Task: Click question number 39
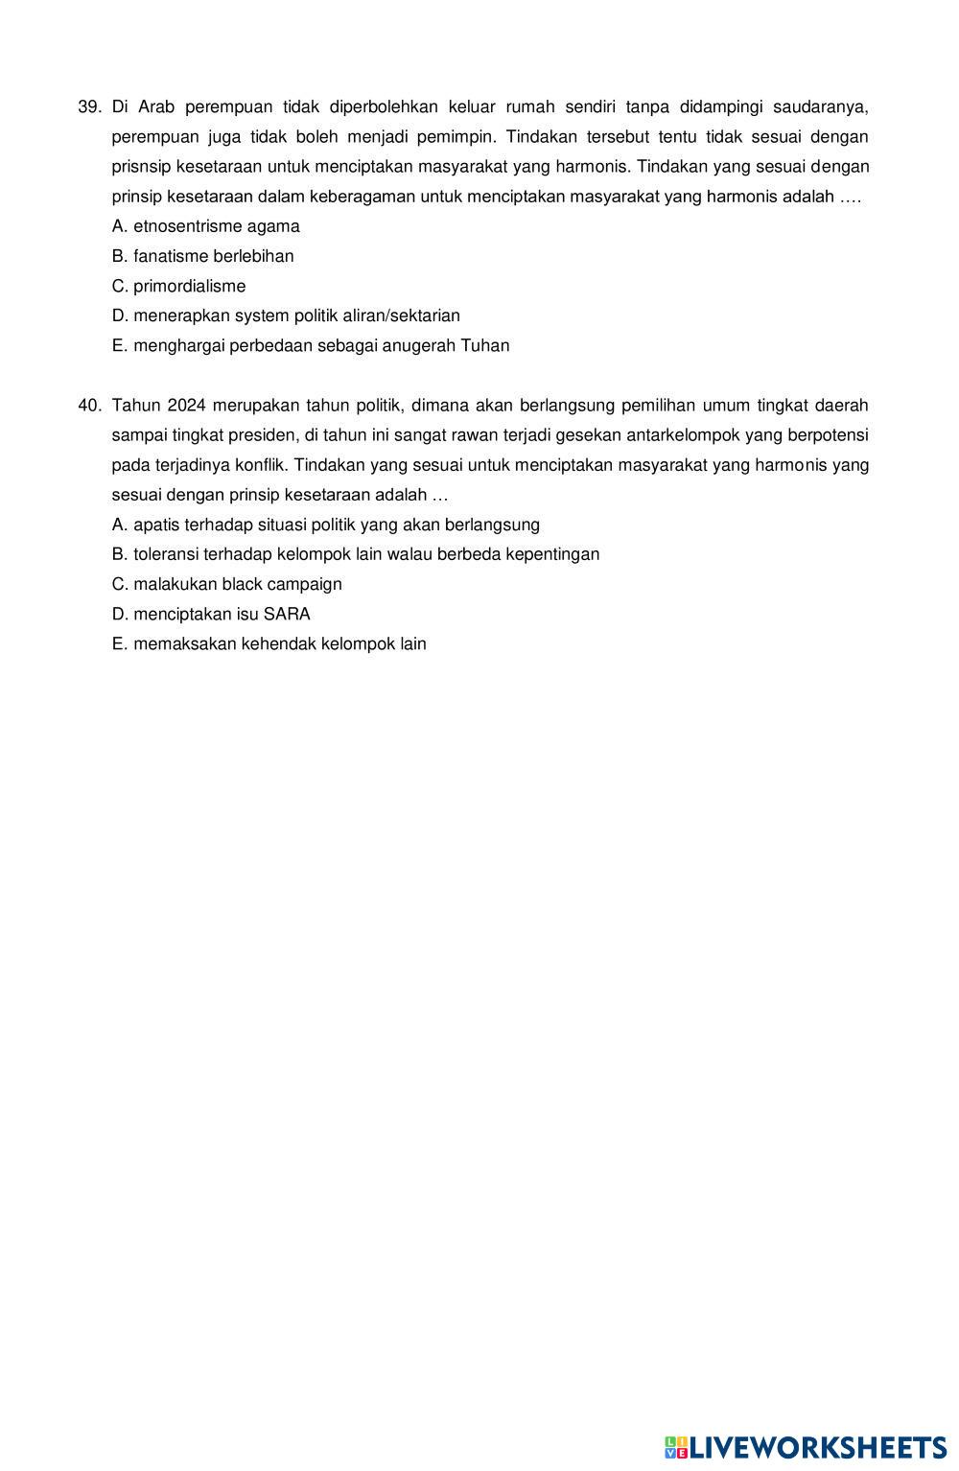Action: coord(89,106)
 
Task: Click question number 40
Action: coord(89,406)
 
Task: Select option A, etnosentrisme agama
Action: coord(205,226)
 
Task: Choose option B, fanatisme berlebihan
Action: coord(202,256)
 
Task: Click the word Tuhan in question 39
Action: coord(485,345)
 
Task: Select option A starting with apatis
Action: coord(325,525)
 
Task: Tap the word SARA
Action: coord(287,614)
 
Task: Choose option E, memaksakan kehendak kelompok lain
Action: coord(269,643)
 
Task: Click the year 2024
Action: coord(186,406)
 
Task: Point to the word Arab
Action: coord(156,106)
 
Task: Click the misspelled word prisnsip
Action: coord(141,167)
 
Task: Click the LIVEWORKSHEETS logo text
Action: coord(818,1446)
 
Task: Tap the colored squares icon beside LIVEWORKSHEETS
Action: coord(676,1447)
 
